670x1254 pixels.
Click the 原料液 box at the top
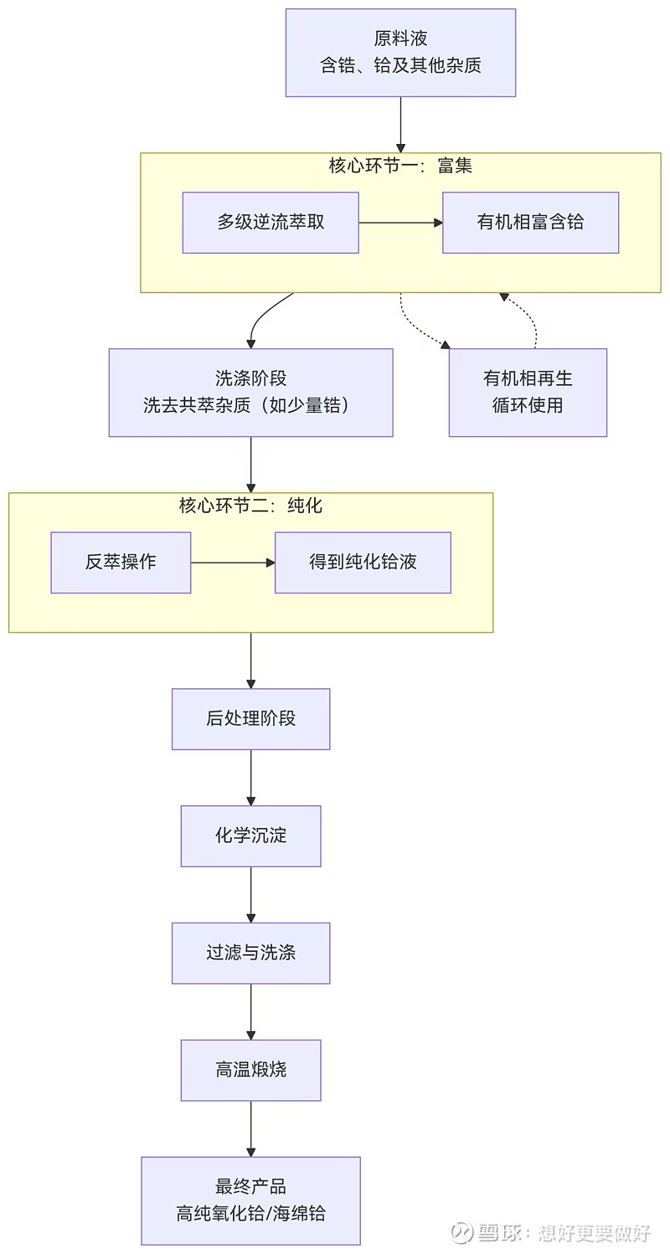click(x=400, y=53)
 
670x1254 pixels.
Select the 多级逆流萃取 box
click(x=271, y=223)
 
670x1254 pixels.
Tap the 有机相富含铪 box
click(x=530, y=223)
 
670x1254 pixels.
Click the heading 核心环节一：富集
click(x=400, y=166)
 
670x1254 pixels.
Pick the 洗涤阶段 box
click(x=250, y=393)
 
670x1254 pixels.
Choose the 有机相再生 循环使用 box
click(x=528, y=393)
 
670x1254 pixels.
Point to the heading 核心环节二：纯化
click(x=250, y=506)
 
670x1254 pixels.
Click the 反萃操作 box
click(x=121, y=563)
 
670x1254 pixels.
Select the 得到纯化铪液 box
click(x=363, y=563)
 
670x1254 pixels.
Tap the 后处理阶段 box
click(x=250, y=719)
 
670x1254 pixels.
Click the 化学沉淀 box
click(x=250, y=836)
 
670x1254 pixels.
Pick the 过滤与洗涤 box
click(x=250, y=953)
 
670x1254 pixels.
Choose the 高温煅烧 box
click(x=250, y=1071)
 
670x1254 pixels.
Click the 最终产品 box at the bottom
click(x=250, y=1200)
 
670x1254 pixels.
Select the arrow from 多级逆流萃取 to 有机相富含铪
click(x=400, y=223)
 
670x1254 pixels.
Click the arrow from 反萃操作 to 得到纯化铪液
click(x=233, y=563)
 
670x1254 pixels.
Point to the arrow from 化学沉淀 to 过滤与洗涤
click(x=250, y=895)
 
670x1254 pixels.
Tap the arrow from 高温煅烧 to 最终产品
click(x=250, y=1128)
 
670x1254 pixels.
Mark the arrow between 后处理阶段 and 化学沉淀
click(x=250, y=778)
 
